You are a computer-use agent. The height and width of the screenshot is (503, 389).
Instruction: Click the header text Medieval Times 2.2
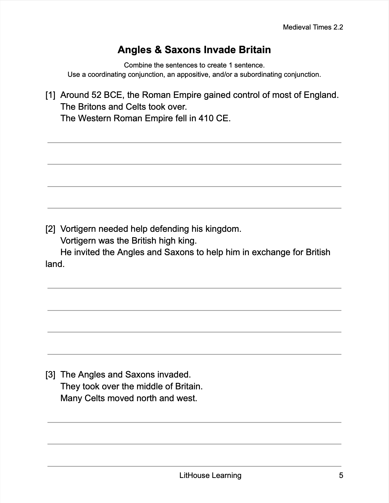coord(313,27)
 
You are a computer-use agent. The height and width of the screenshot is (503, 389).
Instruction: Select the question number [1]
coord(50,95)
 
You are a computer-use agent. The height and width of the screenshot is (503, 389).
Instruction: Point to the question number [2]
coord(50,229)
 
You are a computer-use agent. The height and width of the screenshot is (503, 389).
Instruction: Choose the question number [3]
coord(50,375)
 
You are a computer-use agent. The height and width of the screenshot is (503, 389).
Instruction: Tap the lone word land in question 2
coord(55,264)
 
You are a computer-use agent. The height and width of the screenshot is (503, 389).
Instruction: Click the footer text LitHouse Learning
coord(210,475)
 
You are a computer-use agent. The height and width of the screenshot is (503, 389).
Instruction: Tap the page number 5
coord(341,475)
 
